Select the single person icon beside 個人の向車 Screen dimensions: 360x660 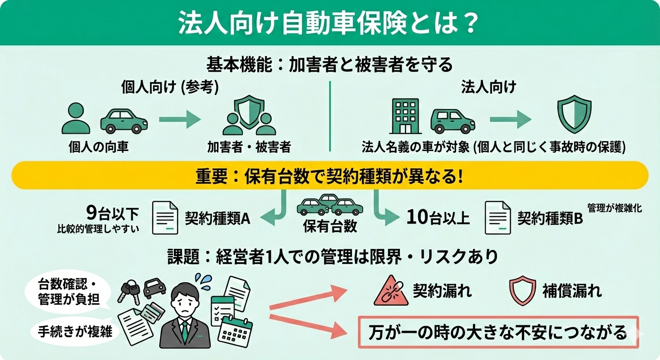(x=75, y=119)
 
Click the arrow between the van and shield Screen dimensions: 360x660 (x=510, y=120)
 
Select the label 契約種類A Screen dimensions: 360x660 (x=217, y=218)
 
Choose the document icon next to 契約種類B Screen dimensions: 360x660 (x=497, y=217)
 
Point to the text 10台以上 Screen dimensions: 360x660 (x=438, y=217)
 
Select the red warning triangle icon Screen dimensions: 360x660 (x=390, y=292)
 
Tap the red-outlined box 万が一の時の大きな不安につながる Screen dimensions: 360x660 (x=498, y=332)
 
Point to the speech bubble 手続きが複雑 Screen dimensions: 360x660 (x=74, y=331)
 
